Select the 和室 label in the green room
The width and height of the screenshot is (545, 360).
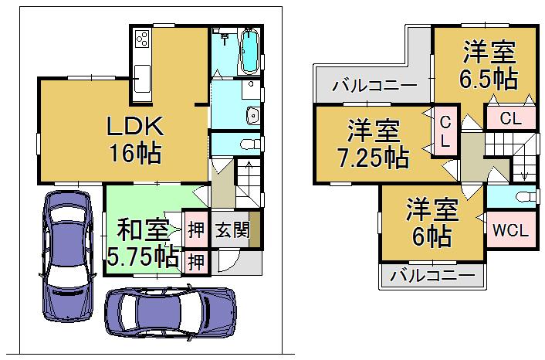[143, 229]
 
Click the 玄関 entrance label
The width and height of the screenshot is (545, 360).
[230, 229]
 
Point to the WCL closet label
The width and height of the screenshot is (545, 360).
[507, 230]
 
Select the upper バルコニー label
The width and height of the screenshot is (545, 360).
[374, 86]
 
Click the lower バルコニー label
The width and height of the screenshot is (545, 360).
[432, 275]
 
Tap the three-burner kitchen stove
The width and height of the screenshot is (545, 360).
[143, 39]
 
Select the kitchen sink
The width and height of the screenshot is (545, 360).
[144, 77]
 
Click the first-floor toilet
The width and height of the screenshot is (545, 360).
[249, 144]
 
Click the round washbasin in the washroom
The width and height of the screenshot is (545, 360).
[252, 117]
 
